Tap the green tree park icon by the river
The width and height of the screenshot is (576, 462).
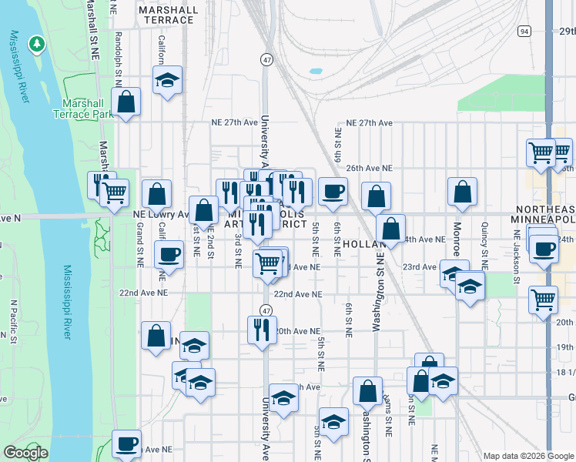36,45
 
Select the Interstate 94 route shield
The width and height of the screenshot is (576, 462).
524,31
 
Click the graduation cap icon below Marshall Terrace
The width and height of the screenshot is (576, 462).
166,81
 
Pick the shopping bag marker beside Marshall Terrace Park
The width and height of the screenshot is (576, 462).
126,102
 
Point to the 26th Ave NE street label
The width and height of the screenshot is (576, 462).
369,168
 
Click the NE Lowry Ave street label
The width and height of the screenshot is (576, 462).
161,214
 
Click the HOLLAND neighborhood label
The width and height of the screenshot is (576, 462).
359,243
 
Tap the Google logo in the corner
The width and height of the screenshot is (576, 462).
25,453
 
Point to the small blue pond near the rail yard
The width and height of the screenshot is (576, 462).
316,72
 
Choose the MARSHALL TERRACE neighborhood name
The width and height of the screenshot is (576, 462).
167,15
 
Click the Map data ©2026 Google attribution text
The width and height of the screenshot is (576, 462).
528,456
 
